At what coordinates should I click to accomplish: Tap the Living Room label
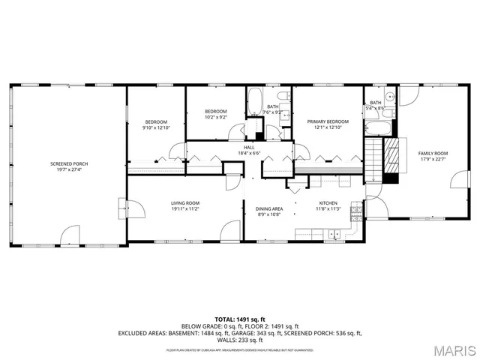[184, 202]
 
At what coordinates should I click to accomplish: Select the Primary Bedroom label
[328, 121]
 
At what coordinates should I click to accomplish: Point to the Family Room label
[438, 153]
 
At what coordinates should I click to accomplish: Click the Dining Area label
[269, 208]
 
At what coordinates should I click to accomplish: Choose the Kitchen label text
[328, 203]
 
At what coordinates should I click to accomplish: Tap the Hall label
[249, 148]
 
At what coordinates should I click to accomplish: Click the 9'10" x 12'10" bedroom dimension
[156, 127]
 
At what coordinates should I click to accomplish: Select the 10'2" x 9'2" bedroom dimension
[215, 117]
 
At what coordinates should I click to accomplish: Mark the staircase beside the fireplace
[374, 159]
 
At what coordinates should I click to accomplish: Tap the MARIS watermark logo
[453, 350]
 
